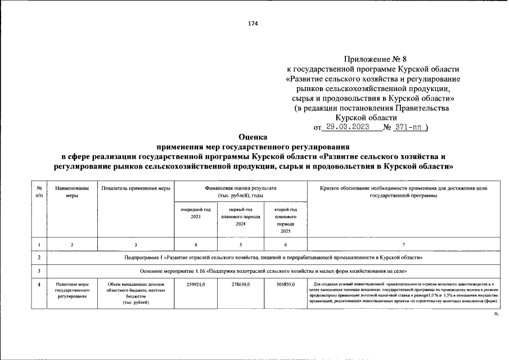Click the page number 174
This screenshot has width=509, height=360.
tap(252, 23)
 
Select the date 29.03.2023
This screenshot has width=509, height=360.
tap(347, 127)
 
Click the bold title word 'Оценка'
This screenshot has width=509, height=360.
tap(254, 137)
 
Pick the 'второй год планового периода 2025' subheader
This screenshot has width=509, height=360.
tap(286, 220)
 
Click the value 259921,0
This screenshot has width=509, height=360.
tap(195, 285)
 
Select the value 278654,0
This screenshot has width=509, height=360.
tap(240, 285)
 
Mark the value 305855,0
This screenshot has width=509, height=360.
tap(286, 285)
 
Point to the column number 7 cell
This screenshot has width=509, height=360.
tap(403, 245)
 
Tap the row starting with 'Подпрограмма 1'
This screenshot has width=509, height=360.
tap(273, 257)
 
